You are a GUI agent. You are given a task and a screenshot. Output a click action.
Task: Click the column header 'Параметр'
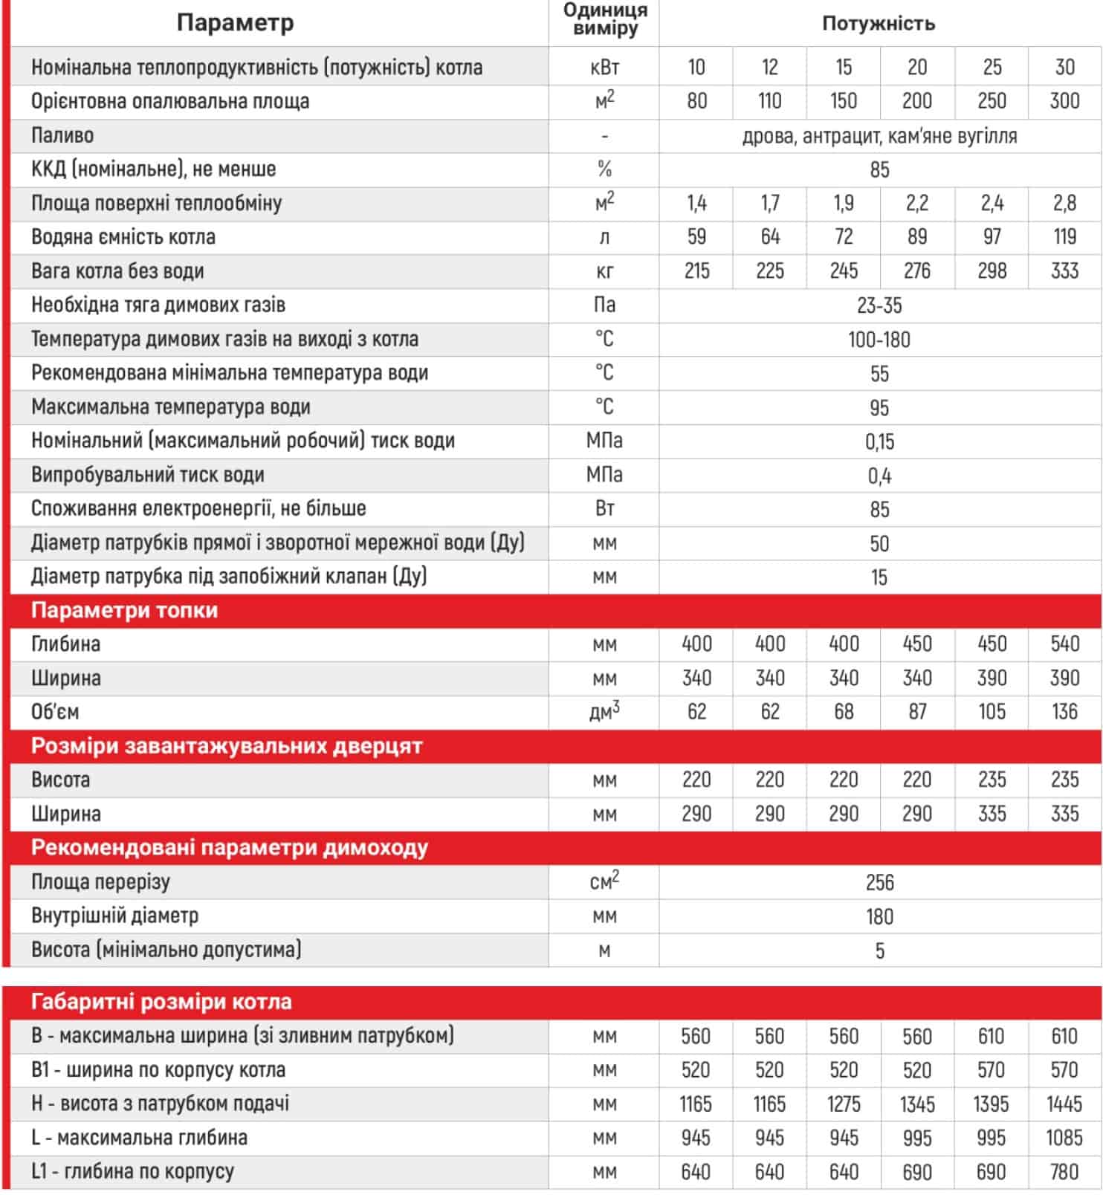click(x=235, y=23)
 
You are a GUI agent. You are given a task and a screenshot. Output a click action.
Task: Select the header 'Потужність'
click(x=878, y=23)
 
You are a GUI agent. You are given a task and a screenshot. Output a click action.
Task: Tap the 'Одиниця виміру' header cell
click(x=604, y=20)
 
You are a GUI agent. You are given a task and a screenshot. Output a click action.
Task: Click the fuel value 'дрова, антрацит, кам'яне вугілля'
click(x=879, y=136)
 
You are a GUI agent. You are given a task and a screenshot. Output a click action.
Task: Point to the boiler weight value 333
click(x=1064, y=271)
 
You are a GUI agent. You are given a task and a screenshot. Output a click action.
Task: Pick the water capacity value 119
click(x=1064, y=236)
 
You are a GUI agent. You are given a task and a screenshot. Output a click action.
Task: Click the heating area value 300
click(x=1064, y=101)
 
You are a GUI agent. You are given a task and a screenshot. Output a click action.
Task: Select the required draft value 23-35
click(x=879, y=305)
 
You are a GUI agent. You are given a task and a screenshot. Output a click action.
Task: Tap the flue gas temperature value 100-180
click(x=879, y=340)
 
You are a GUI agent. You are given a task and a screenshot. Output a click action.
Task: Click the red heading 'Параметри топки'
click(x=124, y=610)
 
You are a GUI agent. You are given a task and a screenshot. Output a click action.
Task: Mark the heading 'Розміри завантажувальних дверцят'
click(x=227, y=745)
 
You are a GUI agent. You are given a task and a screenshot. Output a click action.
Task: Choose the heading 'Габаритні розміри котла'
click(x=161, y=1002)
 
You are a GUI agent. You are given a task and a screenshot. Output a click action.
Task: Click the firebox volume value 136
click(x=1064, y=712)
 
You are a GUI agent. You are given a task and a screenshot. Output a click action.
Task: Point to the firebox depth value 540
click(x=1064, y=644)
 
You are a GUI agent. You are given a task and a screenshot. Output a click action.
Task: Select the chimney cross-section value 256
click(x=879, y=882)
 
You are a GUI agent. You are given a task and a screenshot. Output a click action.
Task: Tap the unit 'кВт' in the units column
click(x=604, y=68)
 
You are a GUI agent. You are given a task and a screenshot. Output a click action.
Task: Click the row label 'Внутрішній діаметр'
click(x=114, y=916)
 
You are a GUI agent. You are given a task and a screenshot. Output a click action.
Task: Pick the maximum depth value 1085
click(x=1064, y=1138)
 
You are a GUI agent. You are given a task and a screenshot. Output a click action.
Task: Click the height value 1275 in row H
click(x=844, y=1104)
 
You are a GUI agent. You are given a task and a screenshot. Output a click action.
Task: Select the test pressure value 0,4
click(x=879, y=476)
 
